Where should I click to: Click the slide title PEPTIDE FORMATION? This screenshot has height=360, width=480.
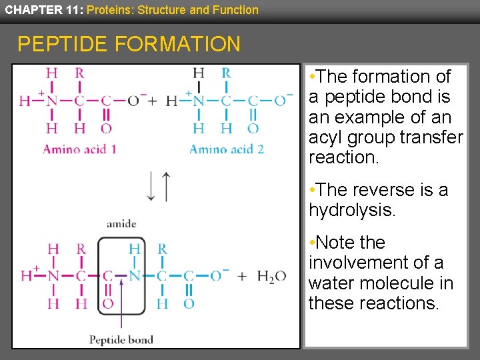[129, 44]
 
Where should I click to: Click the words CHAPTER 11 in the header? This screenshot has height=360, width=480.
[42, 9]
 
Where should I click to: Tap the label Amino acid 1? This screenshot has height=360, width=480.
[79, 149]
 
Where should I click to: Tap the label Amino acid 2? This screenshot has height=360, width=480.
[227, 149]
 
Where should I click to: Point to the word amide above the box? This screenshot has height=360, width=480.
[121, 224]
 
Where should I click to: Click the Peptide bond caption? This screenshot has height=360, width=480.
[121, 340]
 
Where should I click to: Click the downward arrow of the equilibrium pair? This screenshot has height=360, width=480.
[152, 187]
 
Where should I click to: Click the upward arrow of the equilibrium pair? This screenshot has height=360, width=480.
[166, 186]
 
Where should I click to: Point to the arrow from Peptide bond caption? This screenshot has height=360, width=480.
[121, 303]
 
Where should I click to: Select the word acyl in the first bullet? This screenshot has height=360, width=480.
[324, 138]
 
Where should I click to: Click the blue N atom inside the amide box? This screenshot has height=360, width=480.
[134, 275]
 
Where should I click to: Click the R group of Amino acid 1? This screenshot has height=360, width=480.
[79, 73]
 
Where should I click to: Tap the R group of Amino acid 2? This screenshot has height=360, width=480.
[226, 73]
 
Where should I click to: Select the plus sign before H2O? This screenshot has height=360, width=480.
[241, 275]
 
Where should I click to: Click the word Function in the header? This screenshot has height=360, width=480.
[237, 9]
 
